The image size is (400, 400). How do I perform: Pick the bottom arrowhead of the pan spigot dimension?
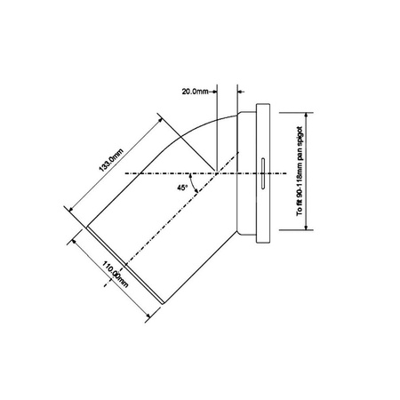pos(308,227)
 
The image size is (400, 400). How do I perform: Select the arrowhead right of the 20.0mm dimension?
pos(242,90)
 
